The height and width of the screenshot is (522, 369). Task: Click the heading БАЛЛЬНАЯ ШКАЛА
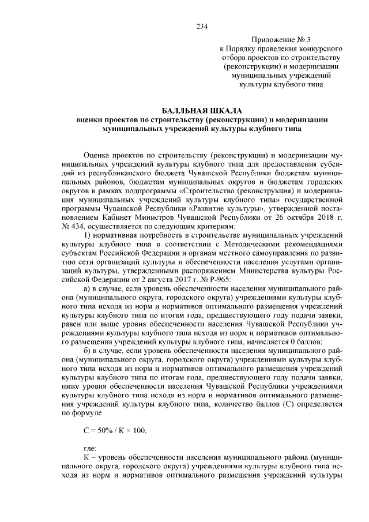tap(201, 110)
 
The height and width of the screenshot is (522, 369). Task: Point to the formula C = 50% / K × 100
tap(115, 429)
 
